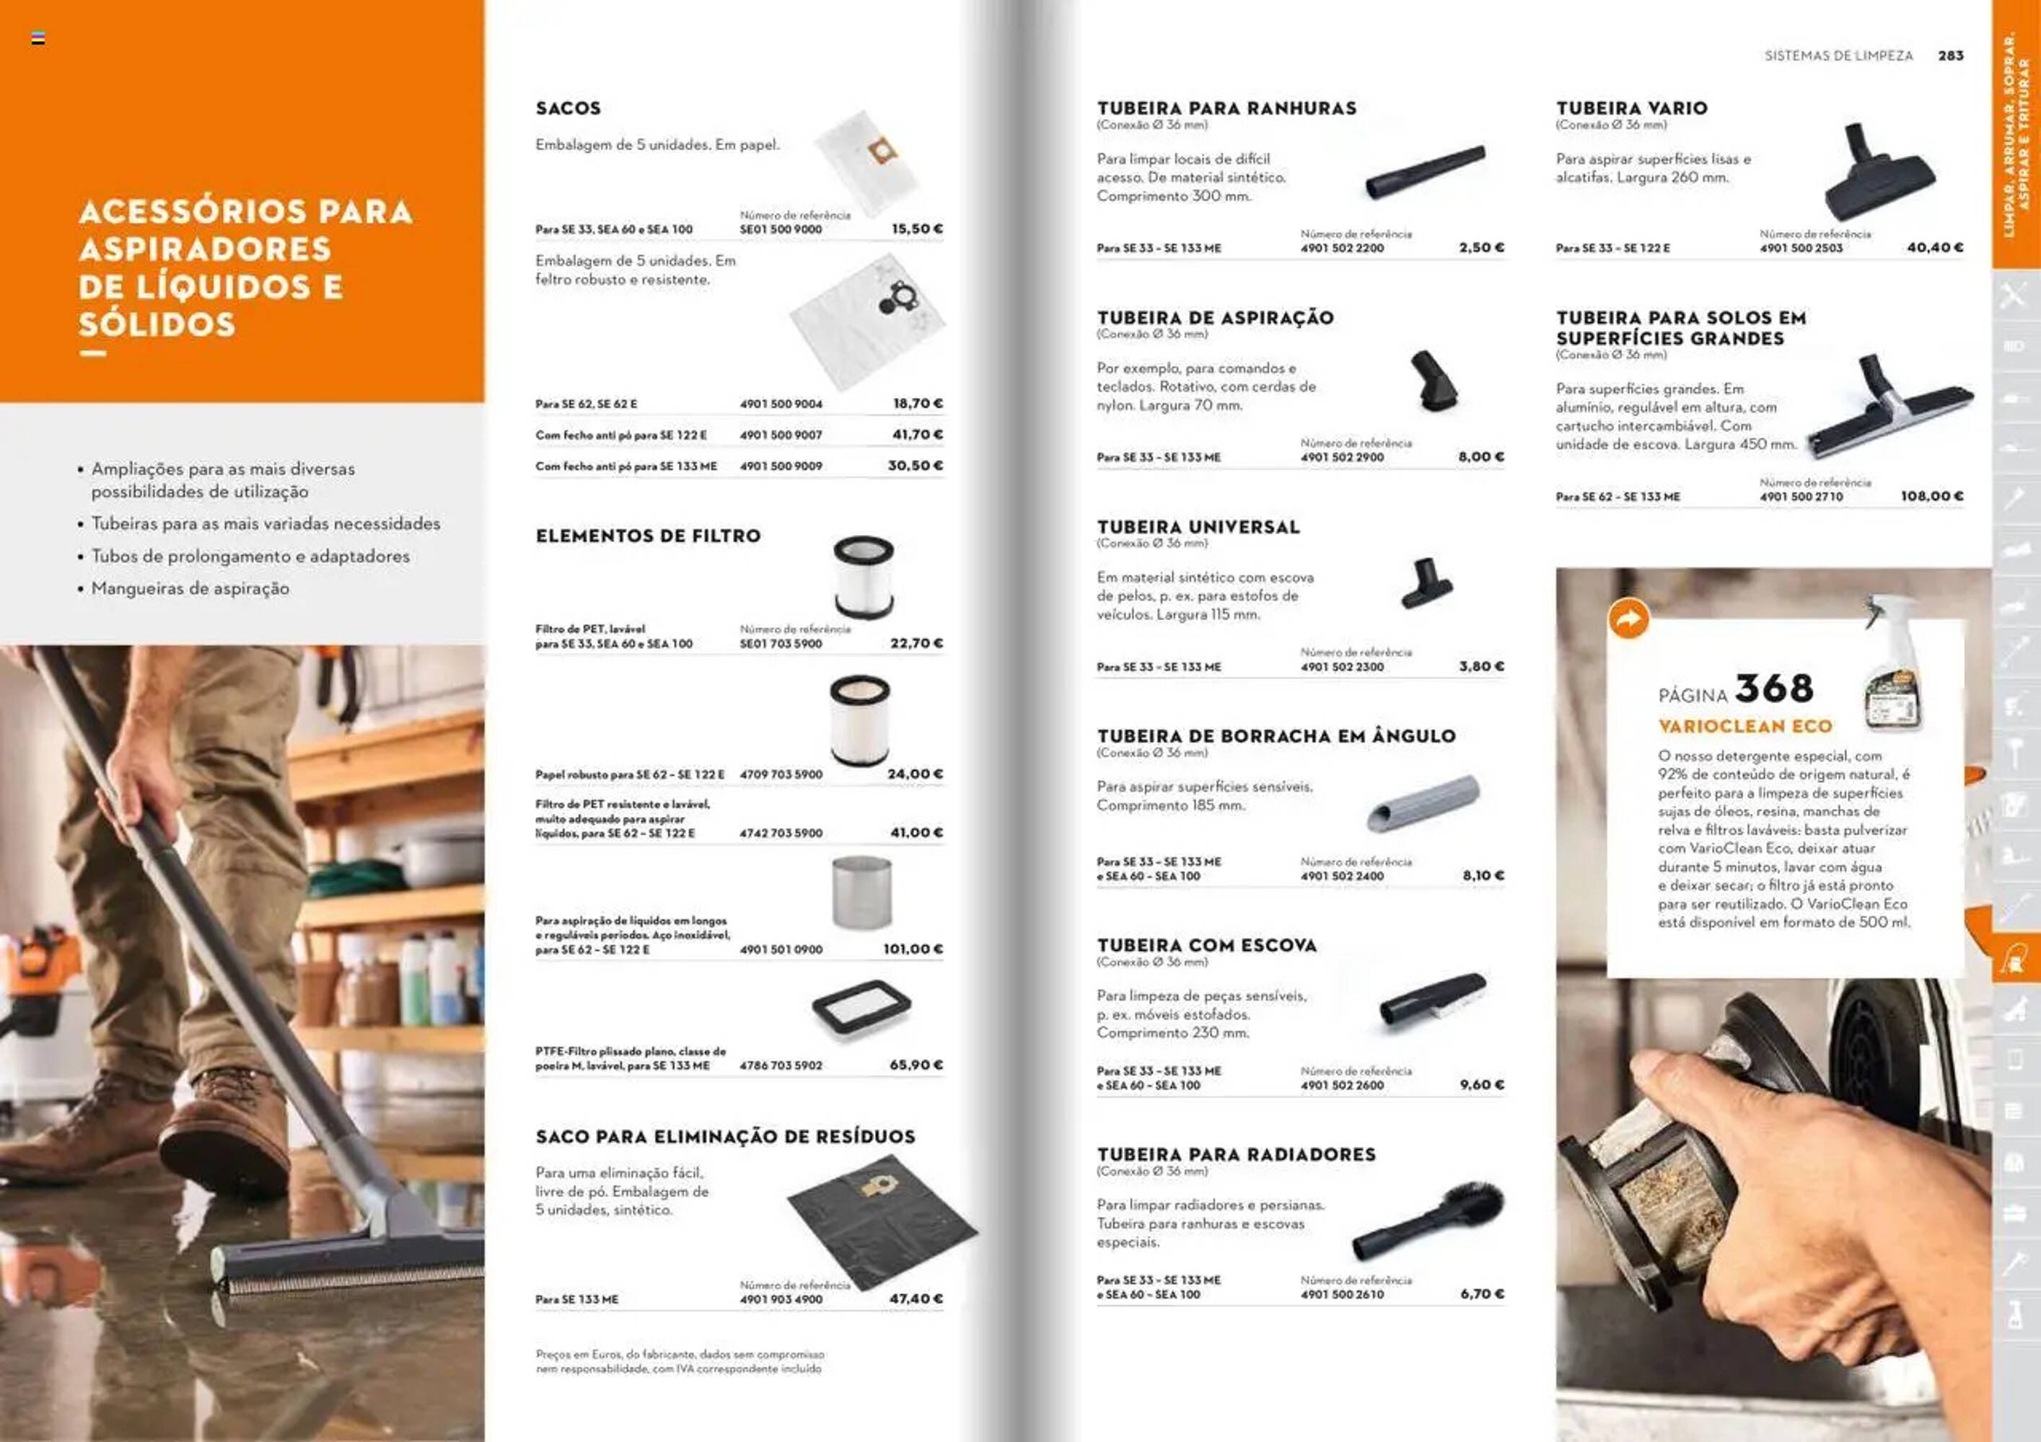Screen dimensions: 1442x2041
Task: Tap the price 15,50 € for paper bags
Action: [x=916, y=229]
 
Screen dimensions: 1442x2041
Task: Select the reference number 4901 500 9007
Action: [x=781, y=435]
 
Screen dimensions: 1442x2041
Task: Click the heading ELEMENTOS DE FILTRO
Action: [x=648, y=536]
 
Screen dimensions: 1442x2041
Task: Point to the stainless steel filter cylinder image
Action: [x=861, y=892]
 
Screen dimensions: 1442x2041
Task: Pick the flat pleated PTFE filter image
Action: [x=861, y=1007]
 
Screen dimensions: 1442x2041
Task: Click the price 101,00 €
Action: [x=913, y=949]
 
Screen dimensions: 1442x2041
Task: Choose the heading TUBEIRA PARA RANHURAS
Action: [x=1226, y=108]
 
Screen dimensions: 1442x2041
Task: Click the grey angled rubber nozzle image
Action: [x=1423, y=802]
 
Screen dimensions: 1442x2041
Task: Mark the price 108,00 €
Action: [x=1931, y=496]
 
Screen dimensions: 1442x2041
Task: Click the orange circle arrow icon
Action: [x=1628, y=619]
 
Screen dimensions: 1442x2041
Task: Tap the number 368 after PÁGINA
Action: [x=1773, y=689]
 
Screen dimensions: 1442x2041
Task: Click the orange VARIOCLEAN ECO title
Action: [x=1745, y=727]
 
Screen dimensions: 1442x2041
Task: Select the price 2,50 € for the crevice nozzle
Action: [x=1481, y=248]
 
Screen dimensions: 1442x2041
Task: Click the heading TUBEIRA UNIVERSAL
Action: [x=1198, y=528]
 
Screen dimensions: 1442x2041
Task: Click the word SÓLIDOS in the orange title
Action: [x=157, y=324]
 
